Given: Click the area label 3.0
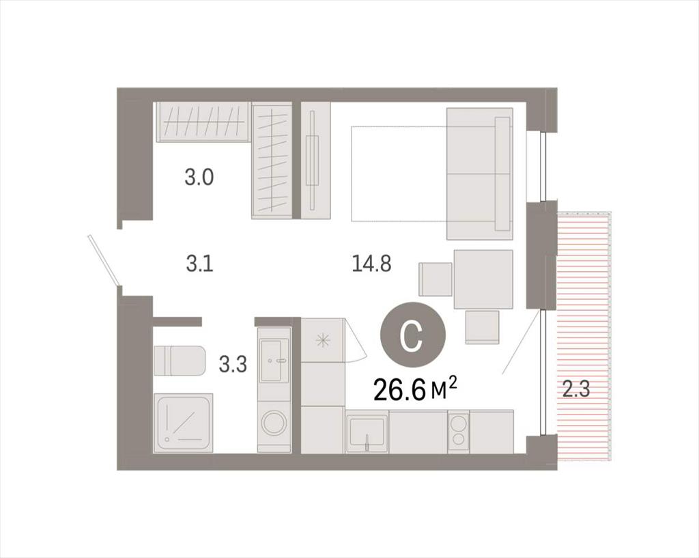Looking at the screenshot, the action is tap(199, 177).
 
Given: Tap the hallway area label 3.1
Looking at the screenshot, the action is tap(200, 264).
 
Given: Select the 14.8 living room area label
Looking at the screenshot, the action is tap(371, 264).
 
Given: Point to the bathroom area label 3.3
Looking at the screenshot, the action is tap(233, 365).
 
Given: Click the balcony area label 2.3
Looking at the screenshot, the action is tap(575, 389).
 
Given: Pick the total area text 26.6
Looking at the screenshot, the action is tap(398, 389).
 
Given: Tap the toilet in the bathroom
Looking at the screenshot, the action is tap(180, 361).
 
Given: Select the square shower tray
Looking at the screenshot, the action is tap(183, 423).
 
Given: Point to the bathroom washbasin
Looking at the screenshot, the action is tap(274, 360).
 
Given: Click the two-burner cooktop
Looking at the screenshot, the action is tap(458, 432).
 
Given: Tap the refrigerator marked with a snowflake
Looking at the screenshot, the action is tap(323, 339).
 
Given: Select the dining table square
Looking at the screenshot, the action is tap(483, 279).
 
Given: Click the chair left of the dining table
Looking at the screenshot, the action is tap(436, 279).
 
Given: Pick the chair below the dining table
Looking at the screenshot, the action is tap(482, 327).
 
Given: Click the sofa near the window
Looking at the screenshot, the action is tap(480, 173).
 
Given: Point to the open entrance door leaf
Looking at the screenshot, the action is tap(104, 260).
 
